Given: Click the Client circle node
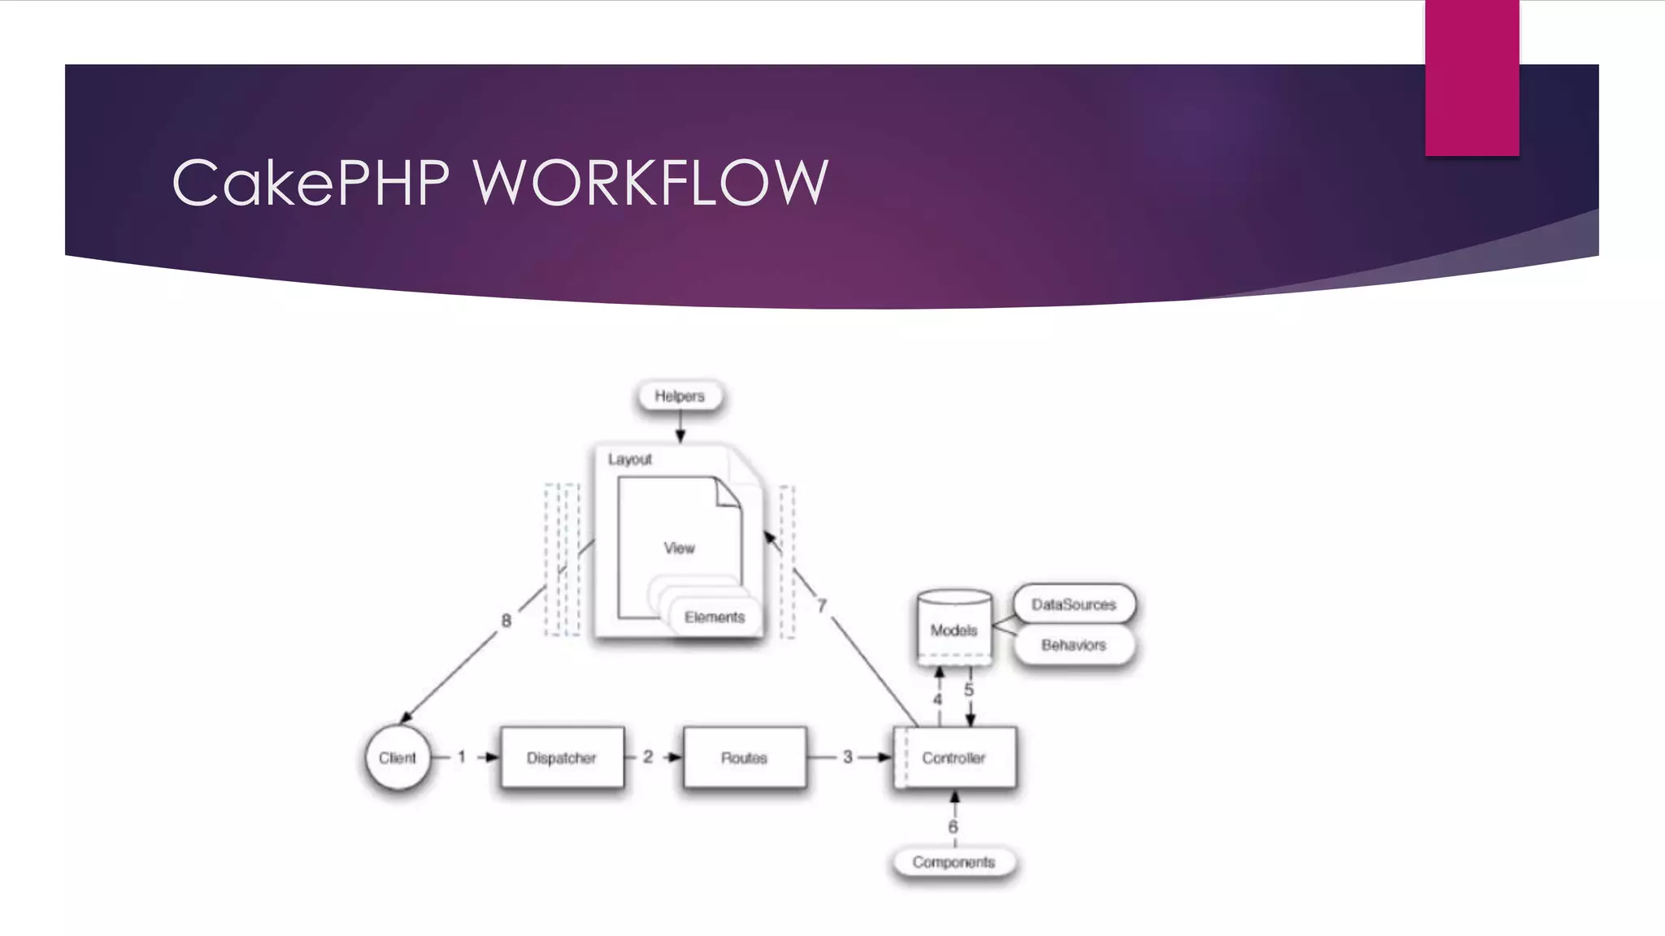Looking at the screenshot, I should [x=397, y=757].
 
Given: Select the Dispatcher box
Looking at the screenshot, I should [x=562, y=757].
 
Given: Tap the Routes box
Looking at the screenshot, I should [x=744, y=757].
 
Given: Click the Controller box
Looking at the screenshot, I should [x=954, y=757].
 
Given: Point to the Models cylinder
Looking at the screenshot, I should [x=954, y=629].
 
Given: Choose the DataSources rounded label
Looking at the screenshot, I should [x=1073, y=604].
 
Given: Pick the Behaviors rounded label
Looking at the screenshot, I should [x=1073, y=645].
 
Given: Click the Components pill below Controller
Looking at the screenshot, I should [x=954, y=862].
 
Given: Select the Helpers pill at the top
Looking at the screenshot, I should [x=680, y=396].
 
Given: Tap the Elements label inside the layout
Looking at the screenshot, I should [x=714, y=617].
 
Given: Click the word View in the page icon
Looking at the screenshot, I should [x=679, y=548].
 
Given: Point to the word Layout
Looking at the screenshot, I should [x=630, y=459].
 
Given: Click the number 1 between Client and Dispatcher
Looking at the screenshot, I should [x=462, y=757].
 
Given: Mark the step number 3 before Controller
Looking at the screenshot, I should [x=847, y=757].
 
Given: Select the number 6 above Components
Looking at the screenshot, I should [x=953, y=826].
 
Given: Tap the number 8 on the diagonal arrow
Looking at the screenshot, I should [x=506, y=621].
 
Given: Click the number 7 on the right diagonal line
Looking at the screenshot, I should [x=821, y=606].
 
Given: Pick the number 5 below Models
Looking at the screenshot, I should [x=968, y=690].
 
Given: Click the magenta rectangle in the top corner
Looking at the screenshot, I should [x=1472, y=77].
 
